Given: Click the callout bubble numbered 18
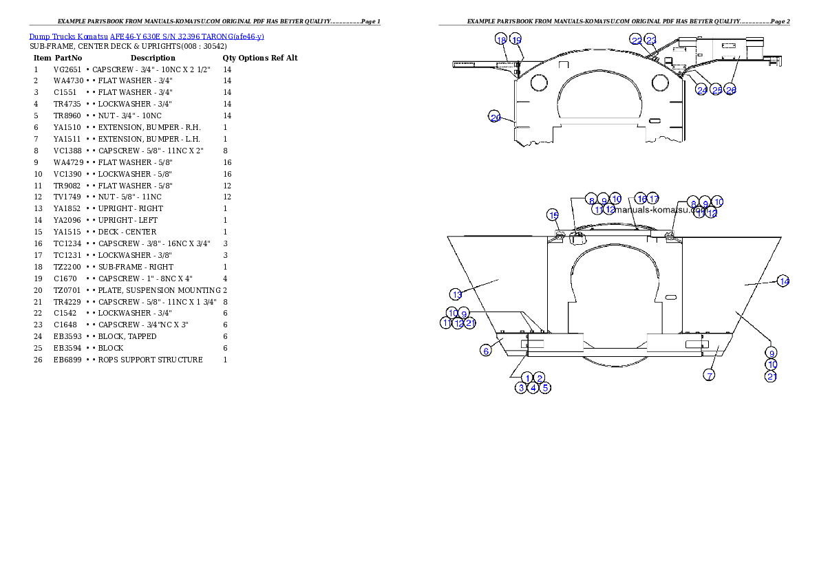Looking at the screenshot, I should [501, 40].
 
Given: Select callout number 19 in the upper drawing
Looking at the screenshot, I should [516, 40].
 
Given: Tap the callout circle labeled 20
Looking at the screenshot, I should [495, 117].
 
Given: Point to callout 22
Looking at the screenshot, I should [637, 41].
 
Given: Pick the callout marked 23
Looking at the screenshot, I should [651, 41].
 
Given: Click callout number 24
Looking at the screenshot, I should [702, 90].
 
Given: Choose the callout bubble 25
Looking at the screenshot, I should [716, 90].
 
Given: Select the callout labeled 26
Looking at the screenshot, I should [731, 90].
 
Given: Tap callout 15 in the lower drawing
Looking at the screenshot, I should [553, 215].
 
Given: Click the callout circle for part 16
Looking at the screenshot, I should [641, 199].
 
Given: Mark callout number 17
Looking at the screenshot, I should [653, 199].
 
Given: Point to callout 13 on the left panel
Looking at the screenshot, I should [456, 294].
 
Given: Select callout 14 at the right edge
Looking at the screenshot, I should [783, 281].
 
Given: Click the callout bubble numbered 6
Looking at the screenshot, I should [486, 351].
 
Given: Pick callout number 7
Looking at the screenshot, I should [709, 375].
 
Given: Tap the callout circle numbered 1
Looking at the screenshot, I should [527, 378].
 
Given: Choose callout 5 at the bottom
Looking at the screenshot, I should [545, 388].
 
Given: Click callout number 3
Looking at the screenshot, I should [522, 388].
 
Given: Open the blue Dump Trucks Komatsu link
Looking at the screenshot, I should [147, 36].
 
